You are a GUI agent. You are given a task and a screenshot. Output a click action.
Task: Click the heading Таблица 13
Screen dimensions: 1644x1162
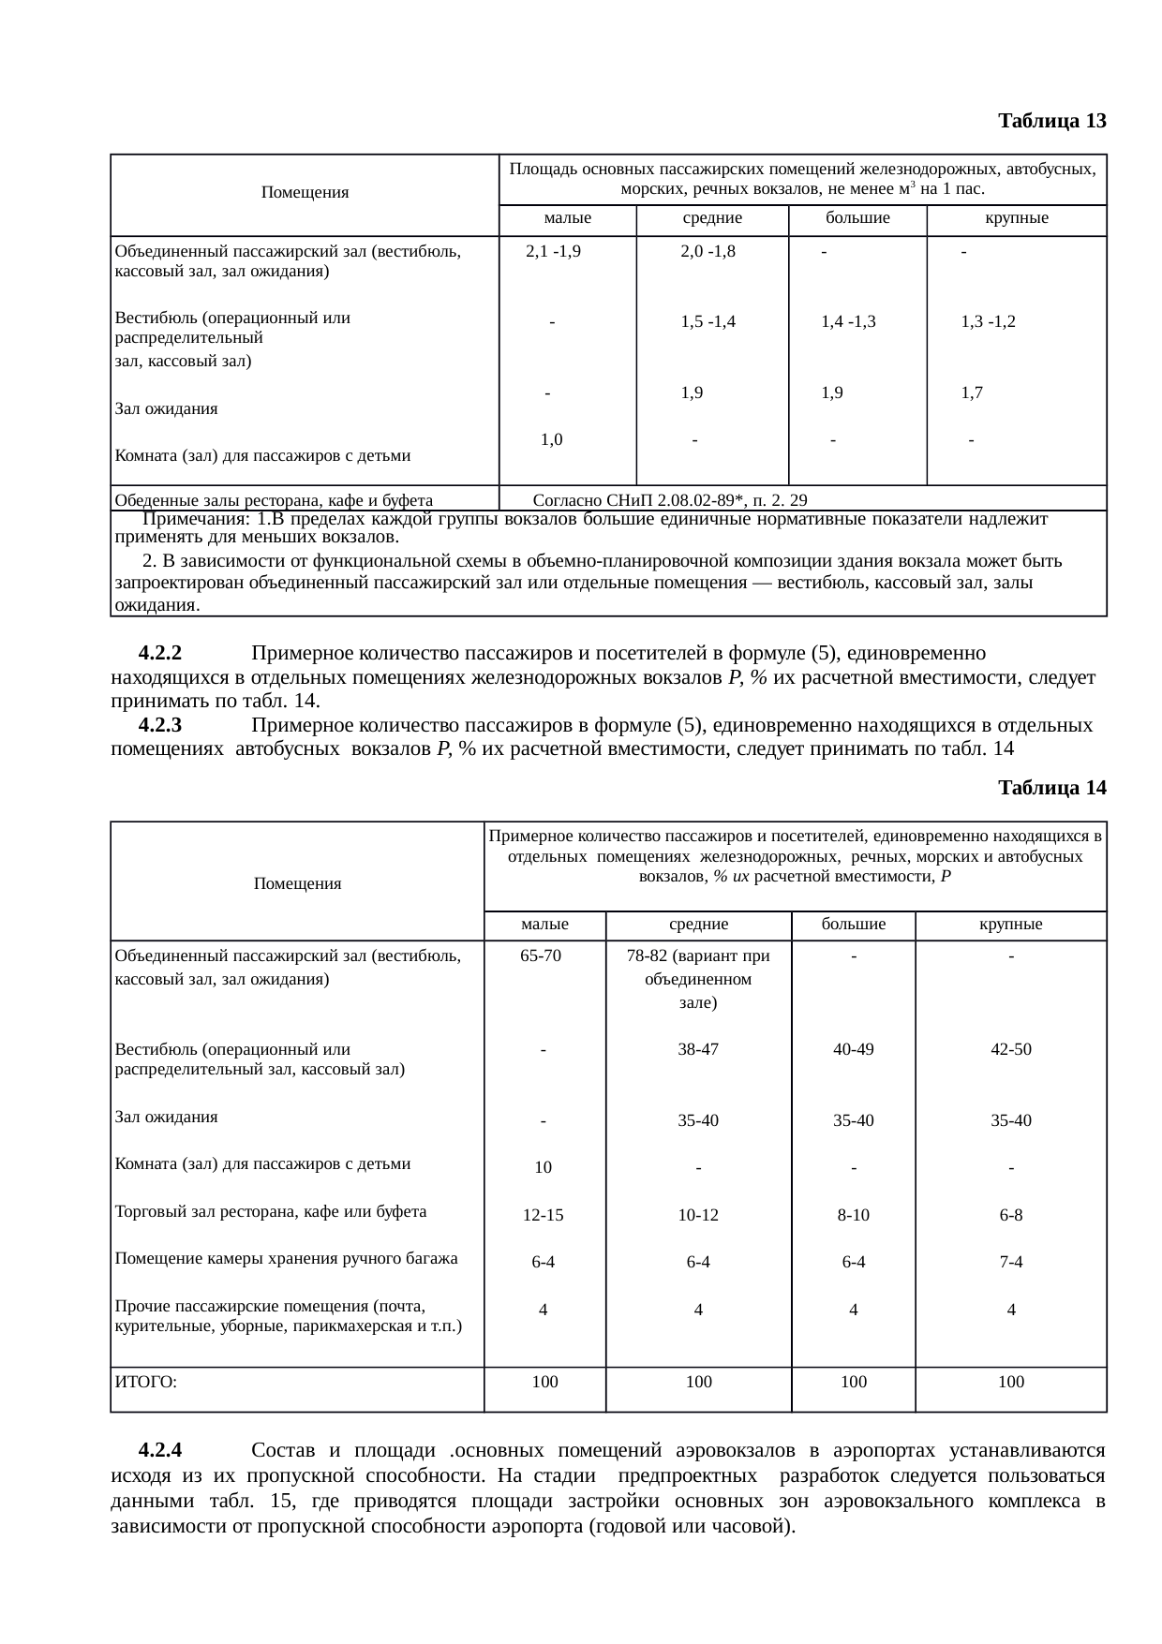point(1051,121)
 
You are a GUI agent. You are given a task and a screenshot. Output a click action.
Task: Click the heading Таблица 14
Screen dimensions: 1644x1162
point(1051,788)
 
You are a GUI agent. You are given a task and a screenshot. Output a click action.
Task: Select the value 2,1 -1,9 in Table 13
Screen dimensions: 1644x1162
point(553,251)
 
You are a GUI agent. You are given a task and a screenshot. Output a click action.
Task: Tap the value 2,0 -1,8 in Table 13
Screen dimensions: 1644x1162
point(708,251)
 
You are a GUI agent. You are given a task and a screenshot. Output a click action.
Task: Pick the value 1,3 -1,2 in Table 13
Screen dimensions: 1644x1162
point(988,321)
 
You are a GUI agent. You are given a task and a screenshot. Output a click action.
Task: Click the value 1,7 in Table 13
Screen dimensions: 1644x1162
point(972,393)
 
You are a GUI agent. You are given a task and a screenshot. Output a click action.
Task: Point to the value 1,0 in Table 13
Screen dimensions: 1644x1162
point(551,438)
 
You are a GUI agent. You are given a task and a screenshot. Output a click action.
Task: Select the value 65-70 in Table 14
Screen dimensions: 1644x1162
point(541,956)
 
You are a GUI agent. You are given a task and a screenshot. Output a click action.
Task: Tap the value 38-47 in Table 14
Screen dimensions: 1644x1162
point(698,1049)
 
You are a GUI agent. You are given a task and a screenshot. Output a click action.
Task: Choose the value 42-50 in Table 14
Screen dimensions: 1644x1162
point(1011,1049)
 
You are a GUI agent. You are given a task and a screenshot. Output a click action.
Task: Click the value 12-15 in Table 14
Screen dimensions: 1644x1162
point(543,1216)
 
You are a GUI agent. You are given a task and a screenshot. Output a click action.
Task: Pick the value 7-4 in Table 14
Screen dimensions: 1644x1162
point(1010,1263)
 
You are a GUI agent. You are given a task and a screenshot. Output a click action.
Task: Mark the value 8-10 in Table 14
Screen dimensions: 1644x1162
point(853,1216)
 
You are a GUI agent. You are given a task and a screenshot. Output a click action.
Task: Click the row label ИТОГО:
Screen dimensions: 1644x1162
point(145,1382)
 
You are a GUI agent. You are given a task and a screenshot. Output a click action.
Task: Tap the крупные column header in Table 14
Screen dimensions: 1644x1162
point(1011,925)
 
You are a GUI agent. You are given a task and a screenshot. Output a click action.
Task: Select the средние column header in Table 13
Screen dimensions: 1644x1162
point(711,218)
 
